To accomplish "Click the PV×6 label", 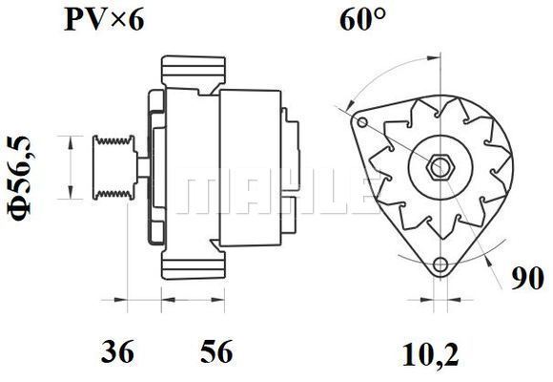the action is pyautogui.click(x=104, y=19).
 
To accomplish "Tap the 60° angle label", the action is pyautogui.click(x=362, y=19).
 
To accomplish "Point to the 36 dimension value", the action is pyautogui.click(x=117, y=351).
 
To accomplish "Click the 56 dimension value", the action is pyautogui.click(x=216, y=351).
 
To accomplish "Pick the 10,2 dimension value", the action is pyautogui.click(x=430, y=355).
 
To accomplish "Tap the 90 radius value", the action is pyautogui.click(x=528, y=279).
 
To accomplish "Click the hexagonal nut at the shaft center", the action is pyautogui.click(x=440, y=166).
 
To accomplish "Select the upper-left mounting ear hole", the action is pyautogui.click(x=362, y=123).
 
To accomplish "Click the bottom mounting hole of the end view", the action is pyautogui.click(x=440, y=264).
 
